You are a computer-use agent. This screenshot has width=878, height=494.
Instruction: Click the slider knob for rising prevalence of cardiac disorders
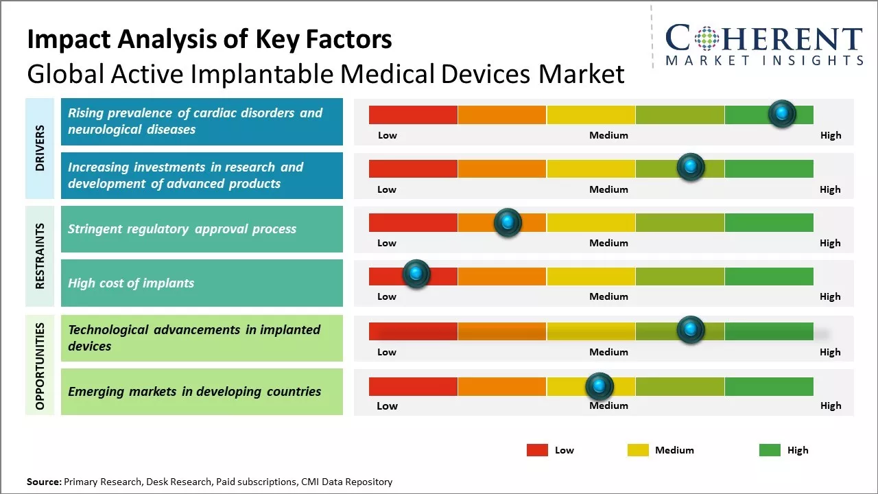pos(781,114)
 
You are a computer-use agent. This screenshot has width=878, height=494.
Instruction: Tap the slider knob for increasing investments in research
pos(690,167)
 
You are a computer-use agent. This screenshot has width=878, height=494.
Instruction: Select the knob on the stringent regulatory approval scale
pos(508,222)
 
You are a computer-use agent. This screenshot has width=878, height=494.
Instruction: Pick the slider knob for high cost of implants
pos(416,274)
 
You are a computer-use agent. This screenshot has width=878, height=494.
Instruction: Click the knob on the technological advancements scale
pos(690,330)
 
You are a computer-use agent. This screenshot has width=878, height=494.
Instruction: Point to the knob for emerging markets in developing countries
pos(600,387)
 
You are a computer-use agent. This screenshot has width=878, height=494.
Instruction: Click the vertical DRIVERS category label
pos(40,148)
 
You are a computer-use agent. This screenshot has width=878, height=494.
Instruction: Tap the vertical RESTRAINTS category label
pos(40,256)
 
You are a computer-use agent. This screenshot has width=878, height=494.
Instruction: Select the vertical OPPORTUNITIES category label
pos(40,366)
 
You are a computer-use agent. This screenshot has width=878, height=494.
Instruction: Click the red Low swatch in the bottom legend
pos(537,450)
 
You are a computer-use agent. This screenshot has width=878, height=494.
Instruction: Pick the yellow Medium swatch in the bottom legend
pos(638,450)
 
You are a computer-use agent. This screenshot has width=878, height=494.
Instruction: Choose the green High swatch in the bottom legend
pos(770,450)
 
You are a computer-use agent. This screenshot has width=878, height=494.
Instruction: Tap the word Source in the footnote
pos(43,482)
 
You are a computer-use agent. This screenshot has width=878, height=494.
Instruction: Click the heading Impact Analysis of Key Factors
pos(209,39)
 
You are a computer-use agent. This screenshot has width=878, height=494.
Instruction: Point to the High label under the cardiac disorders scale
pos(830,135)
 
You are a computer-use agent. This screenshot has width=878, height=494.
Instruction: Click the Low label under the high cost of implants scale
pos(387,296)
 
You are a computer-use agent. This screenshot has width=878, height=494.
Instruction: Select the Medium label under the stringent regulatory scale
pos(608,243)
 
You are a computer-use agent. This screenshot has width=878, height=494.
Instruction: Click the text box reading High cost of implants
pos(202,283)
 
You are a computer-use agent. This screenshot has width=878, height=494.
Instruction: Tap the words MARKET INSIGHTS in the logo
pos(764,60)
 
